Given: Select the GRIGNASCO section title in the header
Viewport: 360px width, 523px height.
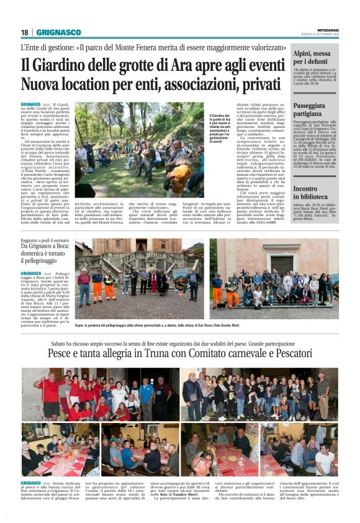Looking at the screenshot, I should [x=58, y=32].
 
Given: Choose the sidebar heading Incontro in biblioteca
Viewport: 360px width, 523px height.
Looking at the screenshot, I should [x=313, y=193].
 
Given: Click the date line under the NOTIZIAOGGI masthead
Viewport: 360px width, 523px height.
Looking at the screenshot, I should [x=323, y=35].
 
